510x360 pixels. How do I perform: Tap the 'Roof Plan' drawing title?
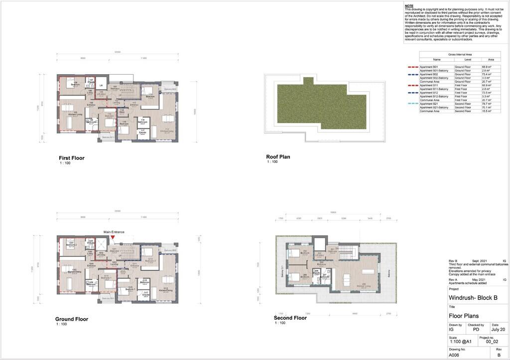[x=278, y=157]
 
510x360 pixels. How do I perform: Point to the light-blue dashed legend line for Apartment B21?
[x=412, y=104]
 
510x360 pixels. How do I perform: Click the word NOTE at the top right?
[x=409, y=5]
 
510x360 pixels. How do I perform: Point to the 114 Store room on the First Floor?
[x=122, y=112]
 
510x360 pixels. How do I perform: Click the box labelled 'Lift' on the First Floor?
[x=101, y=85]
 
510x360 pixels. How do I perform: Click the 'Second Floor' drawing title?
[x=290, y=318]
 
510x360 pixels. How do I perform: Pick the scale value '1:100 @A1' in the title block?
[x=462, y=342]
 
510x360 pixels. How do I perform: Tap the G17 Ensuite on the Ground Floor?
[x=146, y=294]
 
